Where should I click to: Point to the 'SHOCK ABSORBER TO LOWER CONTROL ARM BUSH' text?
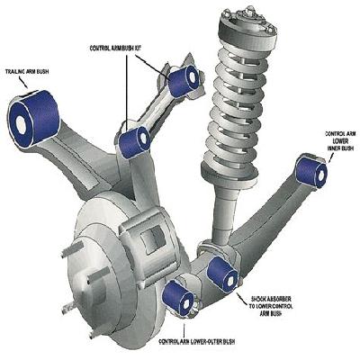[x=268, y=302]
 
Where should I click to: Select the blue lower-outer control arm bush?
[x=180, y=299]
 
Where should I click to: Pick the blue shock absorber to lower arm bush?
[x=220, y=271]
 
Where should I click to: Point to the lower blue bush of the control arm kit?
[x=138, y=139]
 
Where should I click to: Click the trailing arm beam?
[x=81, y=144]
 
